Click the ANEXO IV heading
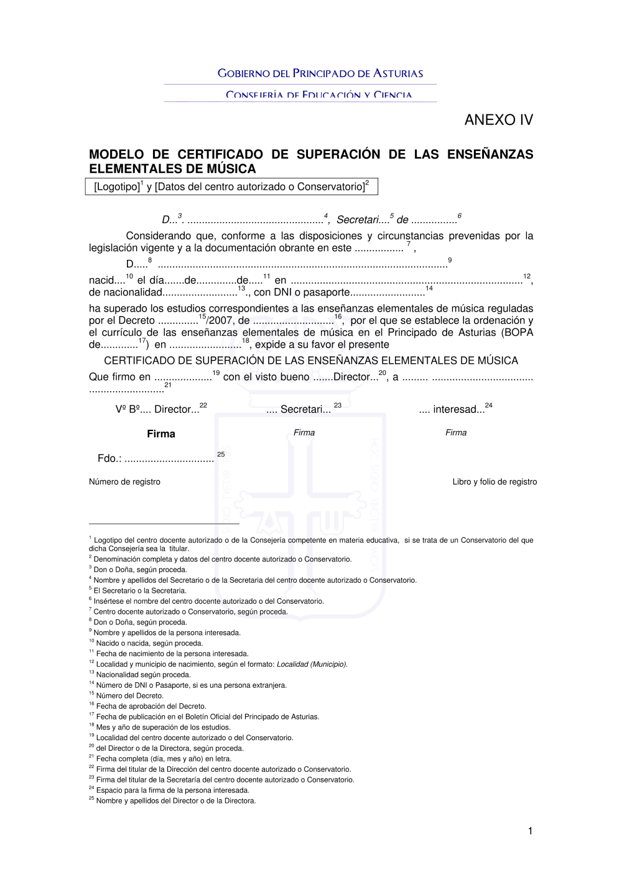point(498,120)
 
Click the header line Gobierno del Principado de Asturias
point(320,73)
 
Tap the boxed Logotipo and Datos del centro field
point(231,187)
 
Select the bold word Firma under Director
point(161,434)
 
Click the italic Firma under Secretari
point(304,433)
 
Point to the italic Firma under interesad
point(456,433)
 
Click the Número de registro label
point(124,482)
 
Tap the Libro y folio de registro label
point(494,482)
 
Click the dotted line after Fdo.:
point(169,460)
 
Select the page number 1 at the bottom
point(530,831)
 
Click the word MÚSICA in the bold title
point(232,169)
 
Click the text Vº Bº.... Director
point(157,410)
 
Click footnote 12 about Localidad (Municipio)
point(221,664)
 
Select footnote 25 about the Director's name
point(174,801)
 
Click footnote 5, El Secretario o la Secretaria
point(139,591)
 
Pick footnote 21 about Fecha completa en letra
point(163,759)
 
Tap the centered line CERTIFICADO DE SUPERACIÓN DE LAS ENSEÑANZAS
point(311,361)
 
